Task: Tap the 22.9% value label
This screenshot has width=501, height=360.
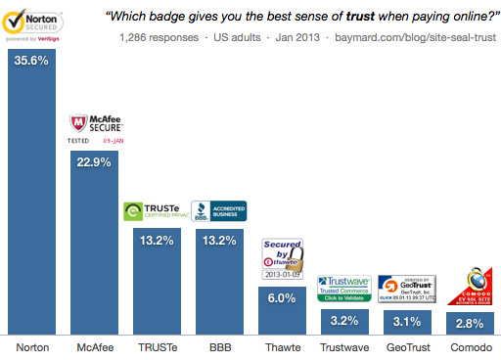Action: tap(95, 163)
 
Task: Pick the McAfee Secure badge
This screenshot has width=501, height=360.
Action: tap(95, 128)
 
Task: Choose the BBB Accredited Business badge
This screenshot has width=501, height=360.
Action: tap(219, 211)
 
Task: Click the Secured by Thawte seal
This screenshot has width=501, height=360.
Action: tap(282, 259)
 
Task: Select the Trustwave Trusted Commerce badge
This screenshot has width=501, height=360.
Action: tap(343, 289)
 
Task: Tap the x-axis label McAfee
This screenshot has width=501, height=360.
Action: tap(95, 346)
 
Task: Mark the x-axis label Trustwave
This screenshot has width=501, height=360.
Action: tap(343, 346)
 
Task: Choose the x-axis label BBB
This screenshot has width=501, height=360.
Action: tap(219, 346)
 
